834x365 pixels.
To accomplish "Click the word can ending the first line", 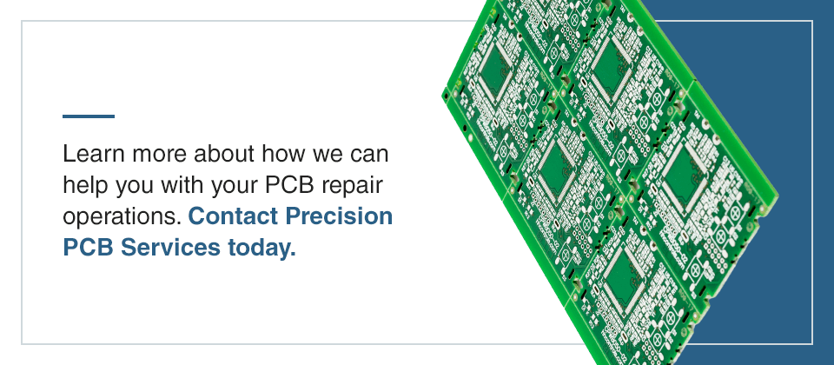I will click(368, 156).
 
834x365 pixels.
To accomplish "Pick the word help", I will click(83, 187).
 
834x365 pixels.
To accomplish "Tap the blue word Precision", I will click(342, 217).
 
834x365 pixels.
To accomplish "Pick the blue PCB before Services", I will click(88, 248).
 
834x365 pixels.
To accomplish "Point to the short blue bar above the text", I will click(89, 116).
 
